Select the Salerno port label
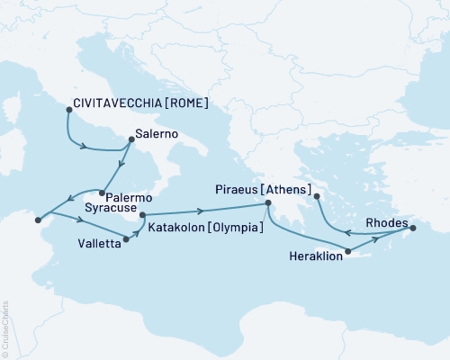(156, 135)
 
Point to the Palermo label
(128, 195)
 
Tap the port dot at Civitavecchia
(68, 110)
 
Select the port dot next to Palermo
(100, 193)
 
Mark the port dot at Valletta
(125, 240)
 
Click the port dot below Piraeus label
(267, 205)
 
